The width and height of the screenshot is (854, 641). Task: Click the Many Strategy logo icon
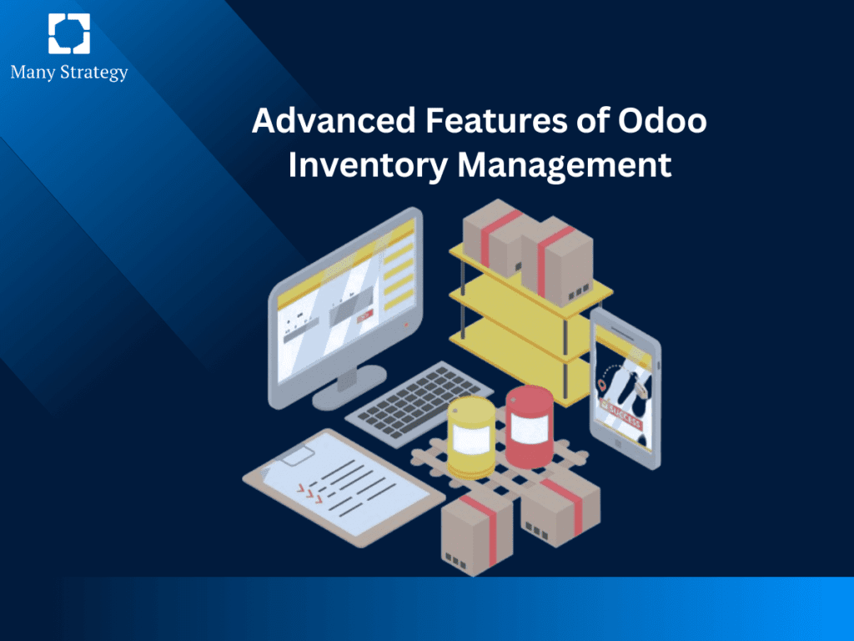[x=68, y=34]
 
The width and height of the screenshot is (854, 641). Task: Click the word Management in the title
[x=565, y=164]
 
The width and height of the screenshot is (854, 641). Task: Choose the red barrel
[x=529, y=426]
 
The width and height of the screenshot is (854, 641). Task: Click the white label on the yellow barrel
[x=472, y=441]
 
